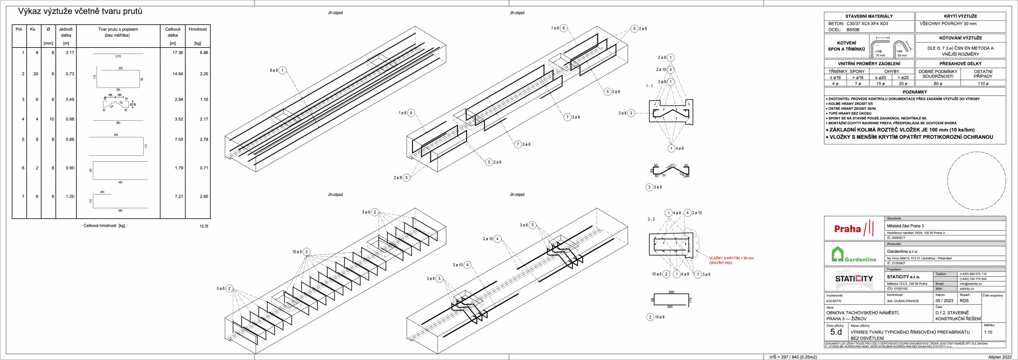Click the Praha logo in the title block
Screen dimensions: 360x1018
coord(854,229)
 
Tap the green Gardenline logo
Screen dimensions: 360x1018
coord(854,255)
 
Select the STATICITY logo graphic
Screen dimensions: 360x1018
coord(854,279)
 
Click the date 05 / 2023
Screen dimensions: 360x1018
coord(944,301)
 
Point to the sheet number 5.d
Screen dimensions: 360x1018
coord(836,332)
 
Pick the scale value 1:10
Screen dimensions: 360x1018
coord(988,332)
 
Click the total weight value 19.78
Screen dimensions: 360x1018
coord(204,226)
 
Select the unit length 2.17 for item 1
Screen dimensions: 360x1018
coord(70,52)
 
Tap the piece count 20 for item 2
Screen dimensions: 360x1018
coord(36,74)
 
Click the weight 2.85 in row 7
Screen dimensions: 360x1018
coord(204,197)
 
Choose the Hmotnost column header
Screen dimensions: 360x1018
coord(198,30)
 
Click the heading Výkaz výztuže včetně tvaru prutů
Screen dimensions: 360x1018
coord(80,11)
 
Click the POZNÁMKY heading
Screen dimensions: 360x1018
coord(915,92)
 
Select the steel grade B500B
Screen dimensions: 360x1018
coord(853,30)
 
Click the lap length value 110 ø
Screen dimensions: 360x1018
coord(983,84)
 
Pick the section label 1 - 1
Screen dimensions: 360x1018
coord(650,86)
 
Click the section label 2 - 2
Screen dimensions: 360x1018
coord(651,219)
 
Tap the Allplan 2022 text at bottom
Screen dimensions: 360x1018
coord(1000,357)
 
